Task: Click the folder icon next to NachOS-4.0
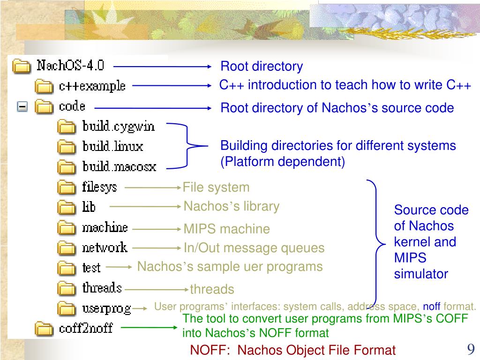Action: point(21,66)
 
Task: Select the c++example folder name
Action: point(92,86)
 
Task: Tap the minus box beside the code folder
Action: point(22,107)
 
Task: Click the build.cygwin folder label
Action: point(118,127)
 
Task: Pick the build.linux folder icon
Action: point(67,147)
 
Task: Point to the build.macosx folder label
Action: point(119,167)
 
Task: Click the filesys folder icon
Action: point(67,187)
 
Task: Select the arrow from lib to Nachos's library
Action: point(146,205)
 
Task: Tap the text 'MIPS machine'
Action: point(226,229)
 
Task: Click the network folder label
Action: point(105,247)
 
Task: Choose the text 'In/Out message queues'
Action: point(254,248)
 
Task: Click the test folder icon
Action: point(67,268)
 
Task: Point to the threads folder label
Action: point(102,288)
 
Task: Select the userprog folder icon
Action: point(67,308)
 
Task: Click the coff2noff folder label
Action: point(86,328)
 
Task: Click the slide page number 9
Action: point(471,349)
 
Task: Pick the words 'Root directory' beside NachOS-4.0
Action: point(262,67)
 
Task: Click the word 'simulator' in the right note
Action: point(421,274)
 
